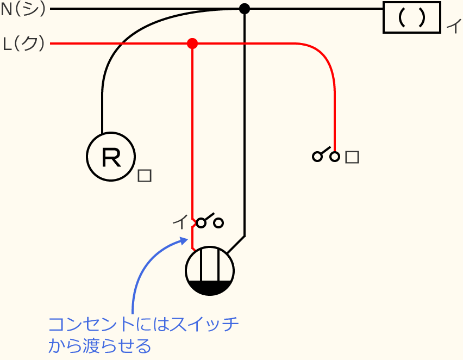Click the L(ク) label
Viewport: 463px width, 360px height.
(24, 44)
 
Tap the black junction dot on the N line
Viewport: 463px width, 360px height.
(245, 9)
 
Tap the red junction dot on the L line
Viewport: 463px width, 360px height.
(192, 44)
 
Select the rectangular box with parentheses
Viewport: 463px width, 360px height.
(411, 18)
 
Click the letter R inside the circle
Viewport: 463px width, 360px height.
(111, 157)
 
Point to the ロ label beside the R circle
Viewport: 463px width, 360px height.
(145, 176)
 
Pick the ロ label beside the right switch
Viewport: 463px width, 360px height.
(352, 157)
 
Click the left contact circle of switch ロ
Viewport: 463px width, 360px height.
(316, 157)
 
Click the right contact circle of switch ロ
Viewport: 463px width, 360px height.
(335, 157)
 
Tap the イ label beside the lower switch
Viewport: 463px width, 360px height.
(179, 222)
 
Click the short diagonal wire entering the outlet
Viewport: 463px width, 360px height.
(235, 245)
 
